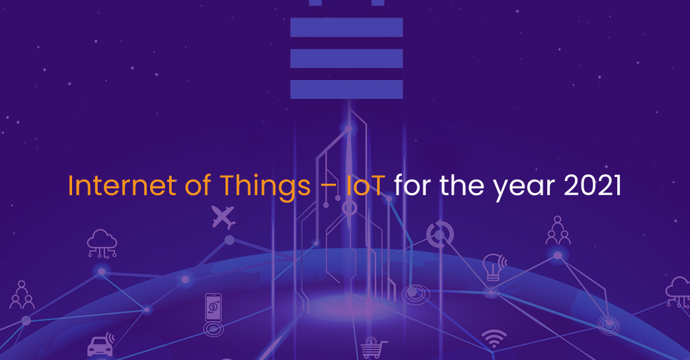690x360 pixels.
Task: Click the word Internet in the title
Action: tap(122, 185)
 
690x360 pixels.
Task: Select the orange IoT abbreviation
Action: tap(366, 185)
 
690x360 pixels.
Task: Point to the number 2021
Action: tap(592, 185)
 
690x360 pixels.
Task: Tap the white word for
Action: tap(413, 185)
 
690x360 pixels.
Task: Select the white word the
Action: tap(462, 185)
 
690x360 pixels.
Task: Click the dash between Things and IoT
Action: tap(329, 187)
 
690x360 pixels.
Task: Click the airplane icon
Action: tap(223, 217)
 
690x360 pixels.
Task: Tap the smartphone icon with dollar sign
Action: tap(213, 308)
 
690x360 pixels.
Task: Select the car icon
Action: tap(101, 345)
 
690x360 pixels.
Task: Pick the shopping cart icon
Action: tap(374, 348)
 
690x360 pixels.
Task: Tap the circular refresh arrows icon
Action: tap(440, 233)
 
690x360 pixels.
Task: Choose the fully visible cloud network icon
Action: tap(102, 244)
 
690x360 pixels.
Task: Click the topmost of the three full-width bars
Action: tap(346, 28)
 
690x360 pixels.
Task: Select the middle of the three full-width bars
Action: tap(346, 59)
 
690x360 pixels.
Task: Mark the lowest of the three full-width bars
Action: tap(346, 89)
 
